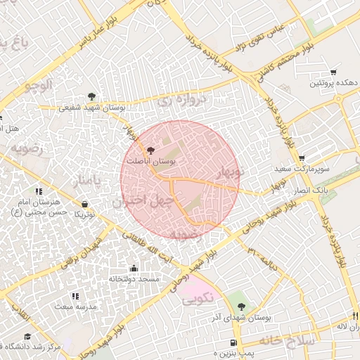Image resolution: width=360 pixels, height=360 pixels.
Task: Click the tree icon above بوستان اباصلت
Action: point(149,150)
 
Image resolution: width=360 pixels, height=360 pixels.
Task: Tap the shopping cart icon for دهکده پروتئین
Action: point(333,72)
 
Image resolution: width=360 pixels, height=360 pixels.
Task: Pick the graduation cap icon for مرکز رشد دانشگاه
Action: point(27,337)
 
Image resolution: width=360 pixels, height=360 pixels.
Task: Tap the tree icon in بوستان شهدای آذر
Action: point(243,307)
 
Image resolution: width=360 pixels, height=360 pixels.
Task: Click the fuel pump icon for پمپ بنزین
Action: point(232,342)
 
